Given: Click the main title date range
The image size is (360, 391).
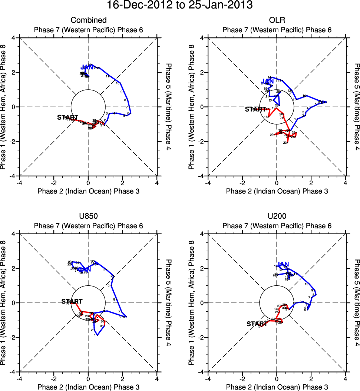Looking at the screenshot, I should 180,6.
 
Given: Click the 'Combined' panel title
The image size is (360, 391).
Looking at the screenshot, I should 88,20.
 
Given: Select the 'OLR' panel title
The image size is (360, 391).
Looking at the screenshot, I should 277,20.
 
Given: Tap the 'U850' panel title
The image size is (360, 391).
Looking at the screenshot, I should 88,216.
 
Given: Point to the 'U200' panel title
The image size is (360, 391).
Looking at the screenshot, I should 277,216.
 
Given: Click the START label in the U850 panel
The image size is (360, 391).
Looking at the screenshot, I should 72,302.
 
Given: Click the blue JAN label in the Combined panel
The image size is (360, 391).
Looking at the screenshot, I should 87,67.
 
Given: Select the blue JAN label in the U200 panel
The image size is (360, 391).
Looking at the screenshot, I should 283,264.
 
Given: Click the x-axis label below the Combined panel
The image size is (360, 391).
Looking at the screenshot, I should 88,191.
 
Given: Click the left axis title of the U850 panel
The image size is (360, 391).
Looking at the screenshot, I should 5,303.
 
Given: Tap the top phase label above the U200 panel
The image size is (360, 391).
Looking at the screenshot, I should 277,226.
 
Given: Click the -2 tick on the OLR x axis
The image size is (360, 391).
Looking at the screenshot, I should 242,183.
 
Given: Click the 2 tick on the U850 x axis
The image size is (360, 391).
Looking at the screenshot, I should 123,379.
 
